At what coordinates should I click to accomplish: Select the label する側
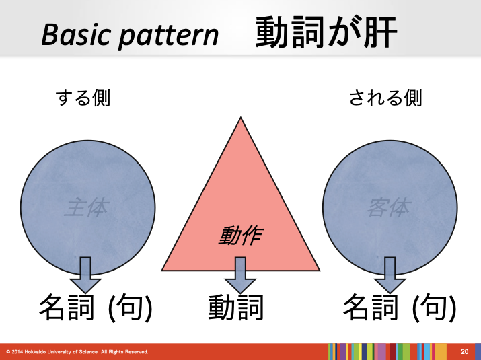pyautogui.click(x=82, y=98)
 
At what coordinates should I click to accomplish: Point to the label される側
pyautogui.click(x=385, y=98)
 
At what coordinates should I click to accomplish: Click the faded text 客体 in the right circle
pyautogui.click(x=388, y=208)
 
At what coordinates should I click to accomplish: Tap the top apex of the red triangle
pyautogui.click(x=239, y=120)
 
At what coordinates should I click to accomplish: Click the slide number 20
pyautogui.click(x=464, y=352)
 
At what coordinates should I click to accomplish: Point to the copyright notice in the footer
pyautogui.click(x=77, y=352)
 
